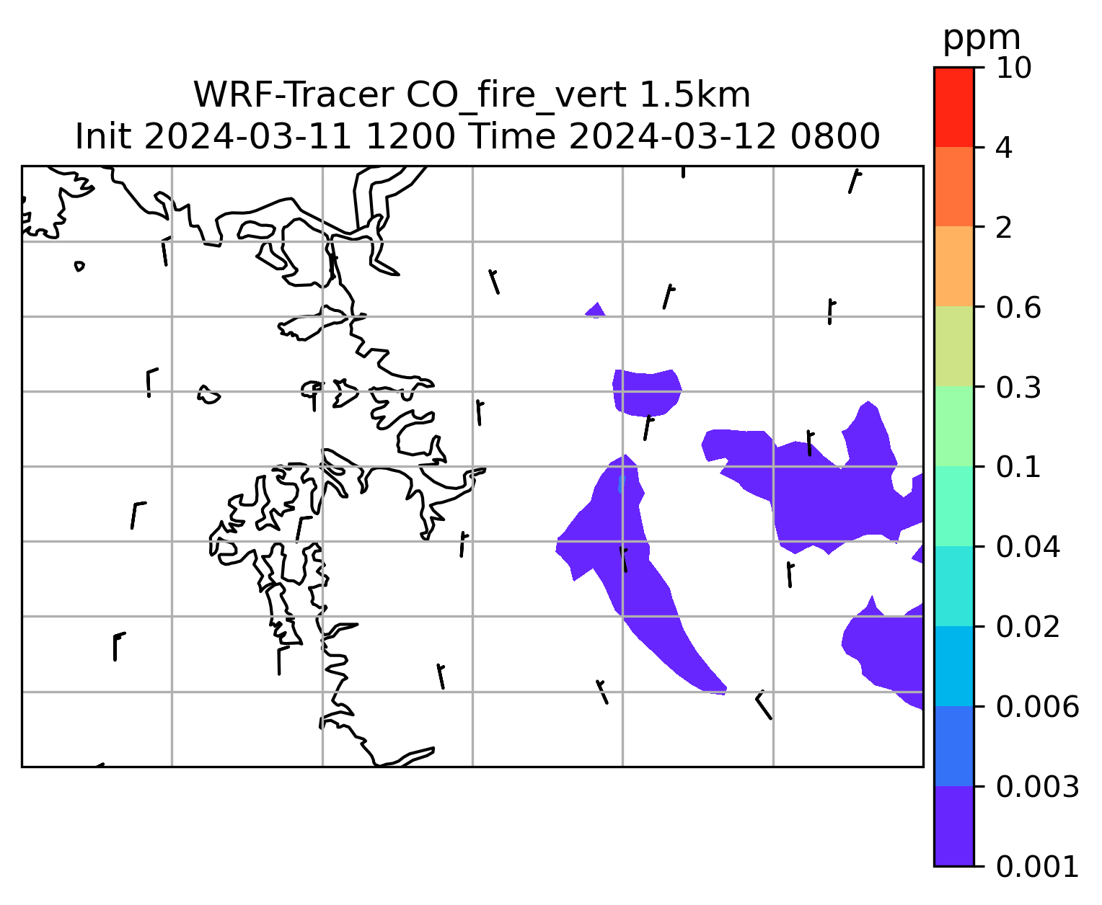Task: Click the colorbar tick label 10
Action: click(x=1013, y=68)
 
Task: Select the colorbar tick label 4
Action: click(x=1004, y=148)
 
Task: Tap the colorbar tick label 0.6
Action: click(x=1018, y=308)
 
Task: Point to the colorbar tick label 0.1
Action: click(x=1018, y=467)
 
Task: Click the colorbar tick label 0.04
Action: click(x=1027, y=546)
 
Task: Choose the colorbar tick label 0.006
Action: click(x=1037, y=706)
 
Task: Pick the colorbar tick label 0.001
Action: click(x=1037, y=867)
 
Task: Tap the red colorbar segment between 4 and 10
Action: click(x=953, y=107)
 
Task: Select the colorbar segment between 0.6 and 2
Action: click(x=953, y=266)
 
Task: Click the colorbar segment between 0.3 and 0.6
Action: click(x=953, y=346)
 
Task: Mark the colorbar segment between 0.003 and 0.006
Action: click(x=953, y=746)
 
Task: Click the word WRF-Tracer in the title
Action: click(x=294, y=95)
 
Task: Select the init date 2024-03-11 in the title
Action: click(x=247, y=137)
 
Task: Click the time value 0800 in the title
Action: click(x=835, y=137)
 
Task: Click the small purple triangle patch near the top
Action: click(x=596, y=311)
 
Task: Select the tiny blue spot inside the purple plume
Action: click(x=621, y=483)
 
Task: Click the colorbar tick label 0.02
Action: click(x=1027, y=626)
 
